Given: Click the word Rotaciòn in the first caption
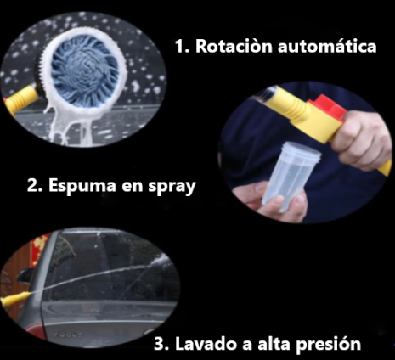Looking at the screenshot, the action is point(234,46).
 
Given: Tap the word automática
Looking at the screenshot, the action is point(327,46).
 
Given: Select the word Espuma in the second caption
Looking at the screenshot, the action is point(82,185).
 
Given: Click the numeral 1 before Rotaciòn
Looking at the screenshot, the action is point(180,47).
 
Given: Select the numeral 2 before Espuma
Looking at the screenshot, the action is point(34,186).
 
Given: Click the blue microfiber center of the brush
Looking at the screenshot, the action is point(85,72).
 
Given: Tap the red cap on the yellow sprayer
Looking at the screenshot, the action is point(329,107).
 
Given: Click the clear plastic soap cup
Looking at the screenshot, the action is point(291,176).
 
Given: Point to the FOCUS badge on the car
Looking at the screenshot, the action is point(69,335).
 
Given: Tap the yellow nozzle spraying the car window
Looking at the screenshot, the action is point(15,299).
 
